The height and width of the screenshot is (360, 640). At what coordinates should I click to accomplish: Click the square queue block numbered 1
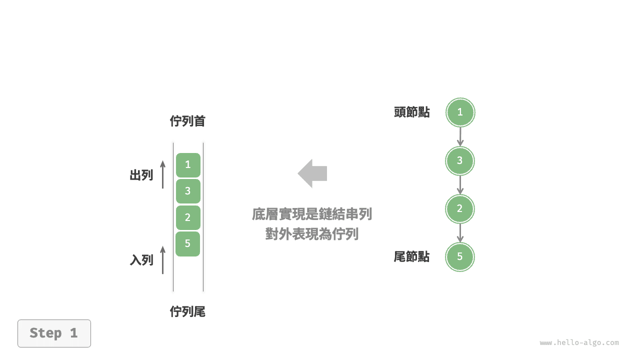[188, 165]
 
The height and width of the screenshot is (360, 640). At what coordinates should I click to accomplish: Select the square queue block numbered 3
[188, 191]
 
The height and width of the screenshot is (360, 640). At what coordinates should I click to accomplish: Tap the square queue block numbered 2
[188, 217]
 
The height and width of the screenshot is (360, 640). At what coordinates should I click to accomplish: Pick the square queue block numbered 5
[187, 243]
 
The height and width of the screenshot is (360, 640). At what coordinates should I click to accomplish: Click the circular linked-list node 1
[460, 112]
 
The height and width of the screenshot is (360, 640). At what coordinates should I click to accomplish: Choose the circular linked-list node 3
[460, 161]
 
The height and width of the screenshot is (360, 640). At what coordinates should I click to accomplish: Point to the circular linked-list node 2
[460, 209]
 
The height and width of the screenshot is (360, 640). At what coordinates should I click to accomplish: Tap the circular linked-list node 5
[460, 257]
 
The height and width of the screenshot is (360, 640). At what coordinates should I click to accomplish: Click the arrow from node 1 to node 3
[460, 136]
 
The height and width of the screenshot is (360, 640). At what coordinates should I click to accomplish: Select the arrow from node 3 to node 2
[460, 185]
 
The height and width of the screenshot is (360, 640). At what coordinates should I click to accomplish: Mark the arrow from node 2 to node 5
[460, 233]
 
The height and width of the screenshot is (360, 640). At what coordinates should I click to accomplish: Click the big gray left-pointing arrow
[312, 173]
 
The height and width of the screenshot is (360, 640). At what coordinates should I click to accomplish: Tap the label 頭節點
[411, 112]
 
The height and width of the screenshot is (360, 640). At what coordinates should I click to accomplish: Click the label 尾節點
[411, 257]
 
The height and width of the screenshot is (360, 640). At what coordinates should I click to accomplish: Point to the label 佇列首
[187, 121]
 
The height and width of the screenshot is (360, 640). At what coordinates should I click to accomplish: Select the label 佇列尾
[187, 311]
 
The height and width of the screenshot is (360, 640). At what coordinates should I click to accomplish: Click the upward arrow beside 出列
[163, 174]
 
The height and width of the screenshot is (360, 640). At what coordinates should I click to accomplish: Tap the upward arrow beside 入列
[163, 259]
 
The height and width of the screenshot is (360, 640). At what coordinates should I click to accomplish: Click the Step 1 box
[54, 333]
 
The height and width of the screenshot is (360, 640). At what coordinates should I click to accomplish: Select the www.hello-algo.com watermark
[579, 342]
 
